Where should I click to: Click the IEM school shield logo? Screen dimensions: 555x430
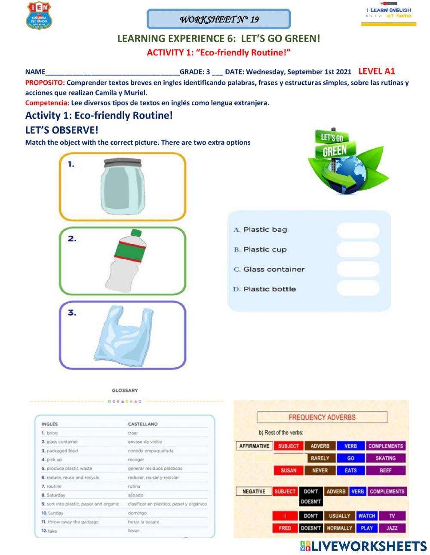(39, 15)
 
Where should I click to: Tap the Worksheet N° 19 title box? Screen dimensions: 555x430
(218, 19)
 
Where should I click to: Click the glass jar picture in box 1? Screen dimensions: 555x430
(122, 186)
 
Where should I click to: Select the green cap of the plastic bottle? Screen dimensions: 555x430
(136, 233)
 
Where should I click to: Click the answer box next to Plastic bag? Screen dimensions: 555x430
(358, 230)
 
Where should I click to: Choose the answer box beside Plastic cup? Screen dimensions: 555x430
(358, 249)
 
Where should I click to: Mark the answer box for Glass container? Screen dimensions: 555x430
(358, 269)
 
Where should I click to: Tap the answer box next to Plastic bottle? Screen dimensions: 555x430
(358, 288)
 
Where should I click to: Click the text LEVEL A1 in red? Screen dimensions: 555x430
(376, 71)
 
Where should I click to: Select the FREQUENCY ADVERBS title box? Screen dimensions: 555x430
(322, 417)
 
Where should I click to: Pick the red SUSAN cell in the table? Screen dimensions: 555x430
(288, 470)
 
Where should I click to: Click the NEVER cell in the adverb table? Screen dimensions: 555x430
(319, 470)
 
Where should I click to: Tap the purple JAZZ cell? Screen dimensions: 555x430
(391, 528)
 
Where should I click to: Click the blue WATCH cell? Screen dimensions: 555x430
(366, 516)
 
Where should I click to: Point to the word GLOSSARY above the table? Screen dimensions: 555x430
(125, 390)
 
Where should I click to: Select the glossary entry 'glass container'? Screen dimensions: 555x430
(62, 442)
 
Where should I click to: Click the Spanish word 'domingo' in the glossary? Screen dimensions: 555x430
(137, 513)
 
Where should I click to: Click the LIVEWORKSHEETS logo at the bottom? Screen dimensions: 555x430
(363, 546)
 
